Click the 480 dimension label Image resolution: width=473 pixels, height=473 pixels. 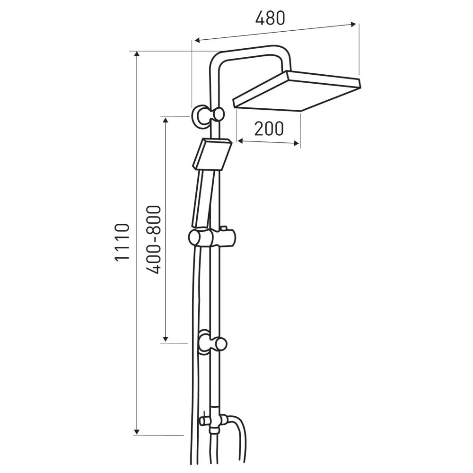click(x=270, y=18)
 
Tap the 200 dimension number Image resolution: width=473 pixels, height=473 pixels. click(x=269, y=129)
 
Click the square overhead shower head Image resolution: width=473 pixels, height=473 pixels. click(x=297, y=91)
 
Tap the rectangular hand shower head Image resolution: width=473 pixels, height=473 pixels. click(x=212, y=154)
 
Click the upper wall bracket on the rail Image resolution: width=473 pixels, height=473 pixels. click(x=208, y=116)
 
